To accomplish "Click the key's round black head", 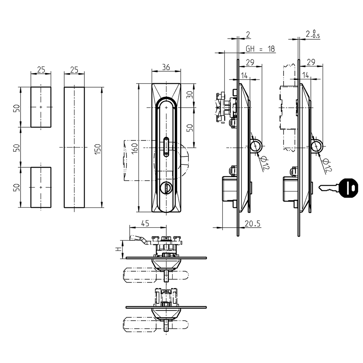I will coord(348,187).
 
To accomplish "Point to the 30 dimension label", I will coord(190,95).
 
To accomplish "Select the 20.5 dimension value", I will coord(252,223).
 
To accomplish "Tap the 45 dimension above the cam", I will coord(145,223).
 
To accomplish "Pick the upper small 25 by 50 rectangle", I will coord(41,107).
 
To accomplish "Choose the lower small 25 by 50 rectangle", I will coord(41,187).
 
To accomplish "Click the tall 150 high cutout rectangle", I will coord(74,147).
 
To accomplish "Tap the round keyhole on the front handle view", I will coord(165,188).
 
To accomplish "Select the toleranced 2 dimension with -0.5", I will coord(312,34).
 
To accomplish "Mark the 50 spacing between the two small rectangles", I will coord(16,147).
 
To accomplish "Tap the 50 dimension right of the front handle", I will coord(190,127).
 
